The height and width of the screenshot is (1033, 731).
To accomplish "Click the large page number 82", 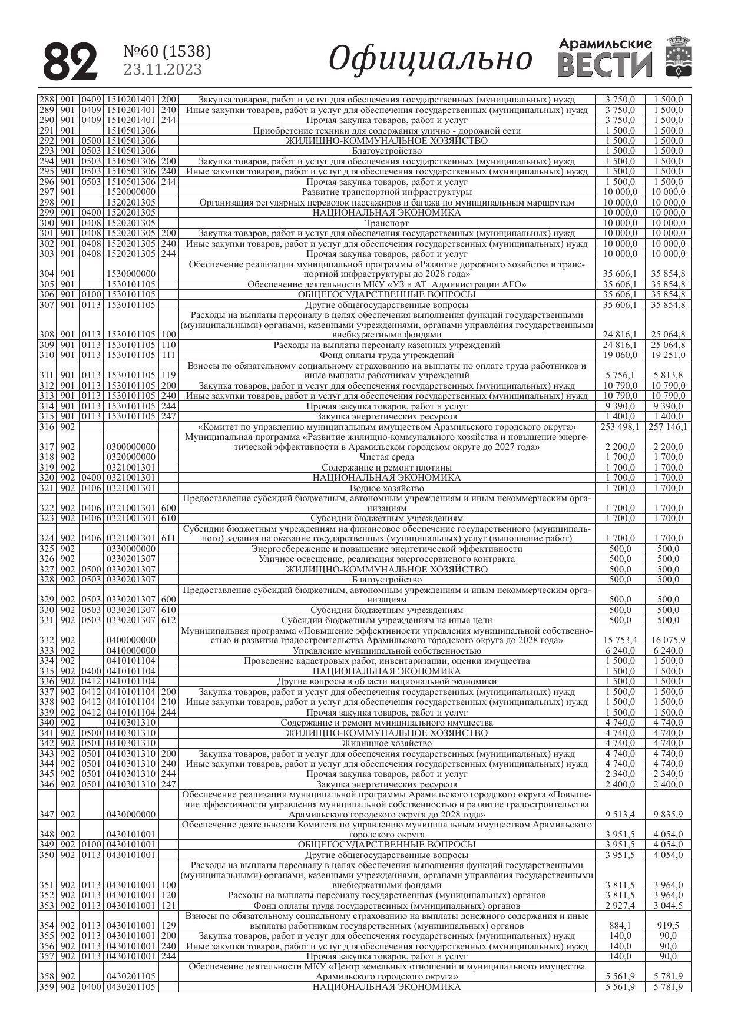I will [x=71, y=61].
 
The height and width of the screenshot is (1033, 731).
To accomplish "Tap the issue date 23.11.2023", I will [x=163, y=70].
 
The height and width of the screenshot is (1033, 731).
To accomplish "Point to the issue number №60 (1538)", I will [x=167, y=52].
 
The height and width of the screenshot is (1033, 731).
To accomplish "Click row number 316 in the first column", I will [x=47, y=427].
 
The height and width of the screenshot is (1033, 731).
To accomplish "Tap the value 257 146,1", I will [x=668, y=427].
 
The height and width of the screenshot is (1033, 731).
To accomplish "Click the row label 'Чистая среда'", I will [x=386, y=458].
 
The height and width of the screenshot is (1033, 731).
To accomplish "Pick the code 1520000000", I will [x=131, y=192].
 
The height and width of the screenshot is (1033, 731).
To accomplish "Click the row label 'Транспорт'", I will [x=386, y=223].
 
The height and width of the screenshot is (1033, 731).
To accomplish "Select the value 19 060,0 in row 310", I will [x=620, y=355].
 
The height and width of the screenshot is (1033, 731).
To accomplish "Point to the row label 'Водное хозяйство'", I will [x=386, y=488].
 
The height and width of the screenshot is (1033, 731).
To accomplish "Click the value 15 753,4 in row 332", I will [x=620, y=640].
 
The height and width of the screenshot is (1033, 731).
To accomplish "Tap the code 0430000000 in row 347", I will [x=131, y=815].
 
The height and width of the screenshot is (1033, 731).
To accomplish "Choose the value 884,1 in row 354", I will [x=620, y=926].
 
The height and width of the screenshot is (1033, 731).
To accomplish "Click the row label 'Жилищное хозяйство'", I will [x=386, y=743].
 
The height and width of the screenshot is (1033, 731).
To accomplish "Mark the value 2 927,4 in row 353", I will [x=620, y=905].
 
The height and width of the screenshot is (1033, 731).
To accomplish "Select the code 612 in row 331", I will [x=168, y=620].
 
